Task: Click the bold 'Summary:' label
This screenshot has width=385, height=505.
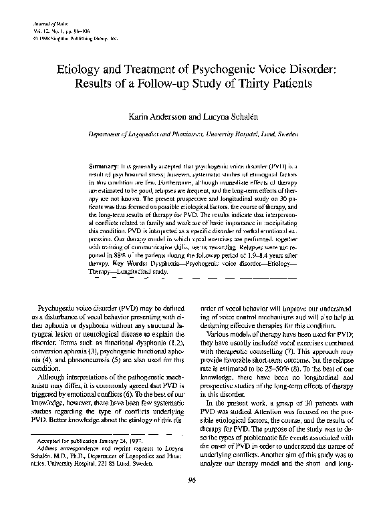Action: click(104, 164)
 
